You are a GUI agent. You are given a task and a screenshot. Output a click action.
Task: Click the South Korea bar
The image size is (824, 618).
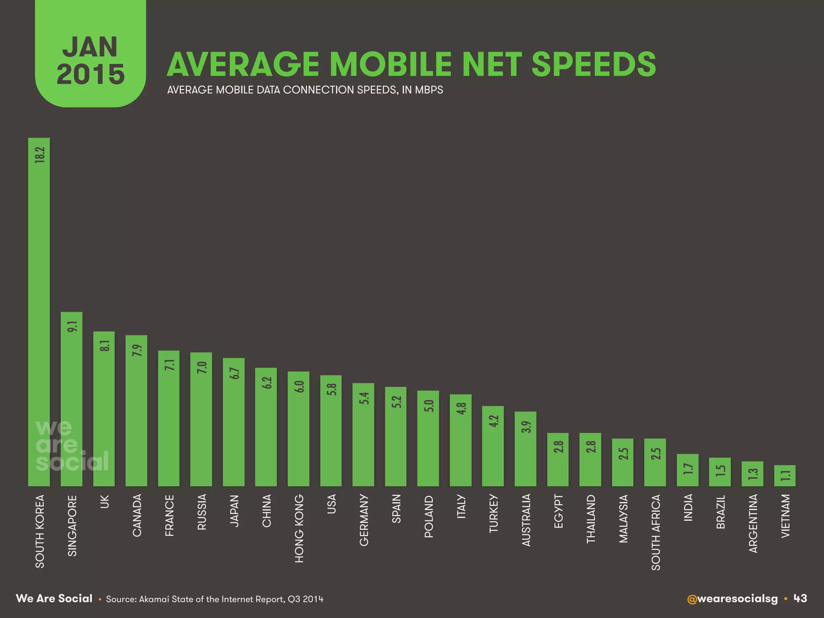39,314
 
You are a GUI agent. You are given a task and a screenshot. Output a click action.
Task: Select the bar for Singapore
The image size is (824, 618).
71,402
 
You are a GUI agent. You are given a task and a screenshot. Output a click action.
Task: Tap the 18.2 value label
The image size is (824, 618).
39,155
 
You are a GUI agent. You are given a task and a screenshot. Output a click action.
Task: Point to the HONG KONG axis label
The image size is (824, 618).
299,528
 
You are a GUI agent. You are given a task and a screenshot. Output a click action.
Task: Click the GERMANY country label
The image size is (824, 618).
364,520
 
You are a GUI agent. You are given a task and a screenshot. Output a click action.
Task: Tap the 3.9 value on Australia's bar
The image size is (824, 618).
526,426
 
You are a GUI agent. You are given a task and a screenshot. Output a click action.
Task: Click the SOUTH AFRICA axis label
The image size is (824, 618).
655,532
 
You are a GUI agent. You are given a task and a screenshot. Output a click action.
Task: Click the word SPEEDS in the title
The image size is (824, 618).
593,64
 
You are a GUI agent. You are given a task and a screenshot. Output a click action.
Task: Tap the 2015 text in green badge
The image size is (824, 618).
91,74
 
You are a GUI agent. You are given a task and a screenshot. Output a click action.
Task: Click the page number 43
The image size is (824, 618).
800,599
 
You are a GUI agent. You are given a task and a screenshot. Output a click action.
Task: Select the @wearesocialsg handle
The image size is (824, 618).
732,599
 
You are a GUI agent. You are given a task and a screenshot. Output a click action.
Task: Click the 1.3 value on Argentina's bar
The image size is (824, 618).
753,474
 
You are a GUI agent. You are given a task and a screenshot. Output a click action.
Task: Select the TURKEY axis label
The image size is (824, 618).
493,514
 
